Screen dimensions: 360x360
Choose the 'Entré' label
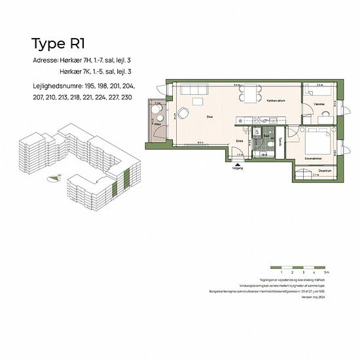coord(240,139)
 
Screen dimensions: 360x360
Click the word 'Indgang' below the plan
coord(238,168)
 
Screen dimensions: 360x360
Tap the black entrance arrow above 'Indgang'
coord(238,162)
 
